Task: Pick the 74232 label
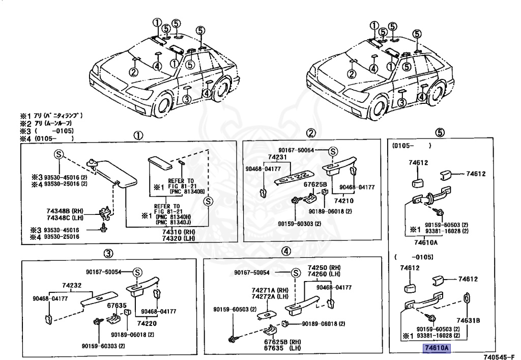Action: [x=72, y=286]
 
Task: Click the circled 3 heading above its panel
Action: [x=108, y=253]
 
